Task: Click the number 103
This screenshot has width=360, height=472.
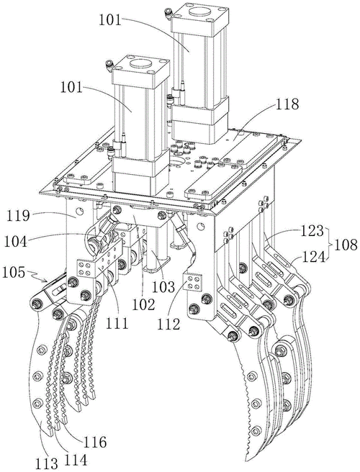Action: click(163, 287)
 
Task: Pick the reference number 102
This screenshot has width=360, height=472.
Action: click(143, 304)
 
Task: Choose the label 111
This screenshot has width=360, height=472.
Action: click(117, 324)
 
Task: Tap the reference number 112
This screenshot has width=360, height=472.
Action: click(168, 324)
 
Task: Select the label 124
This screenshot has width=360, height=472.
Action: click(311, 257)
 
